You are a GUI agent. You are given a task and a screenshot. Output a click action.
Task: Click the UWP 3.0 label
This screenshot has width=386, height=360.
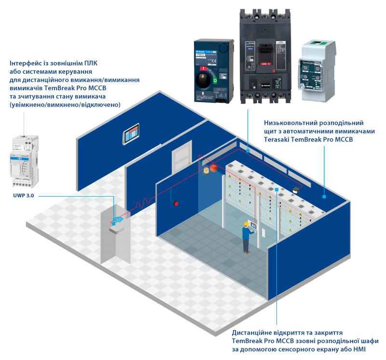click(x=26, y=196)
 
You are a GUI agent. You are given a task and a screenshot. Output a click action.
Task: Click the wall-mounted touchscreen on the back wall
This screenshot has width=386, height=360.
click(x=132, y=135)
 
